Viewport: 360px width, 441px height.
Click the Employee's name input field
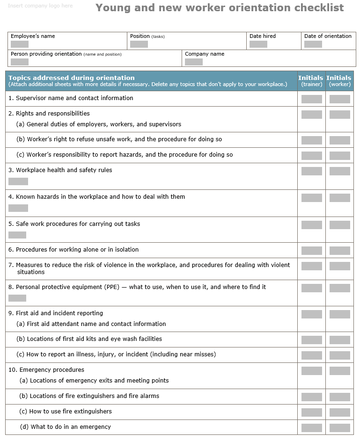click(20, 44)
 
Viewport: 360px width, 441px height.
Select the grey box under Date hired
click(258, 44)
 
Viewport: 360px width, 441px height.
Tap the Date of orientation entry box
click(313, 44)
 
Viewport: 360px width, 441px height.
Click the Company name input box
click(194, 62)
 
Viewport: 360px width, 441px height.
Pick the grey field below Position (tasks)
click(139, 44)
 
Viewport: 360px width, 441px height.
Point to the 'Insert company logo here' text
click(40, 6)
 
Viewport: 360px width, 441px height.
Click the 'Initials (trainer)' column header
click(311, 80)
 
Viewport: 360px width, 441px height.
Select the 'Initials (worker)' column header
click(339, 80)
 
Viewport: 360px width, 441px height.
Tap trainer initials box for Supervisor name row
click(311, 99)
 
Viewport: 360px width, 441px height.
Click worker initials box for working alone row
click(339, 251)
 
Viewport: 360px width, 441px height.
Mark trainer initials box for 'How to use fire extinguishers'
click(311, 412)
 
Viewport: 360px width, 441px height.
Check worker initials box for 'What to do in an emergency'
click(339, 428)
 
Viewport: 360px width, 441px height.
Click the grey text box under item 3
click(18, 181)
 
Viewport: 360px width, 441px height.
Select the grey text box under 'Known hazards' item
click(18, 208)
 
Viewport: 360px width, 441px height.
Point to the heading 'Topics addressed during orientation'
click(72, 78)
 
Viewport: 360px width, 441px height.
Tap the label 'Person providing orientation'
click(46, 54)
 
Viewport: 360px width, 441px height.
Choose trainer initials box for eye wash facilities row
click(311, 340)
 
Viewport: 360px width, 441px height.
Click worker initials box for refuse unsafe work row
click(339, 140)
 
